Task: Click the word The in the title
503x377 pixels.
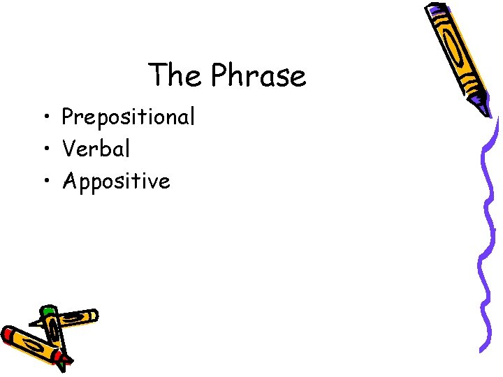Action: click(174, 75)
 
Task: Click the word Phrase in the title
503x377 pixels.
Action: click(258, 75)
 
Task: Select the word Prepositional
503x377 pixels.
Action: click(128, 117)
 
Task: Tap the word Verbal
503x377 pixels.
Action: click(96, 149)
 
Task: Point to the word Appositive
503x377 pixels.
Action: click(116, 182)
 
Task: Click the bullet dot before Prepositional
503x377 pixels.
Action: click(45, 117)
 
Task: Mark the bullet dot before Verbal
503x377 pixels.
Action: click(45, 149)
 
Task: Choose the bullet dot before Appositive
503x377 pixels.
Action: click(45, 182)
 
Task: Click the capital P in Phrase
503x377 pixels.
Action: click(219, 75)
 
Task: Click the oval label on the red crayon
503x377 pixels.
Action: click(31, 346)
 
